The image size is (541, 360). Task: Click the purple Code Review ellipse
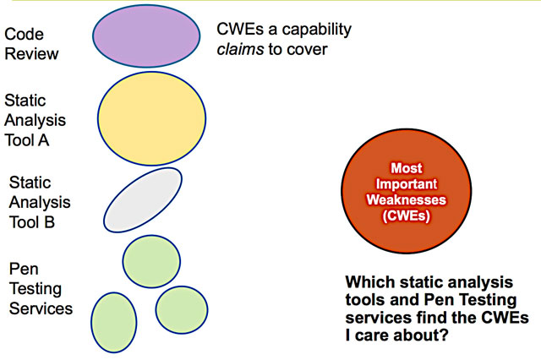[139, 38]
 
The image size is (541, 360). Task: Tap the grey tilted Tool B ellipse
[143, 199]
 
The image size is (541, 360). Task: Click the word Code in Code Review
[24, 35]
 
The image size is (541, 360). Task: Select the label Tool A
[27, 140]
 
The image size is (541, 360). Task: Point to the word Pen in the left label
[22, 269]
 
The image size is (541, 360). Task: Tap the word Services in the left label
[40, 308]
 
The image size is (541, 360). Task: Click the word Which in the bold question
[372, 281]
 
